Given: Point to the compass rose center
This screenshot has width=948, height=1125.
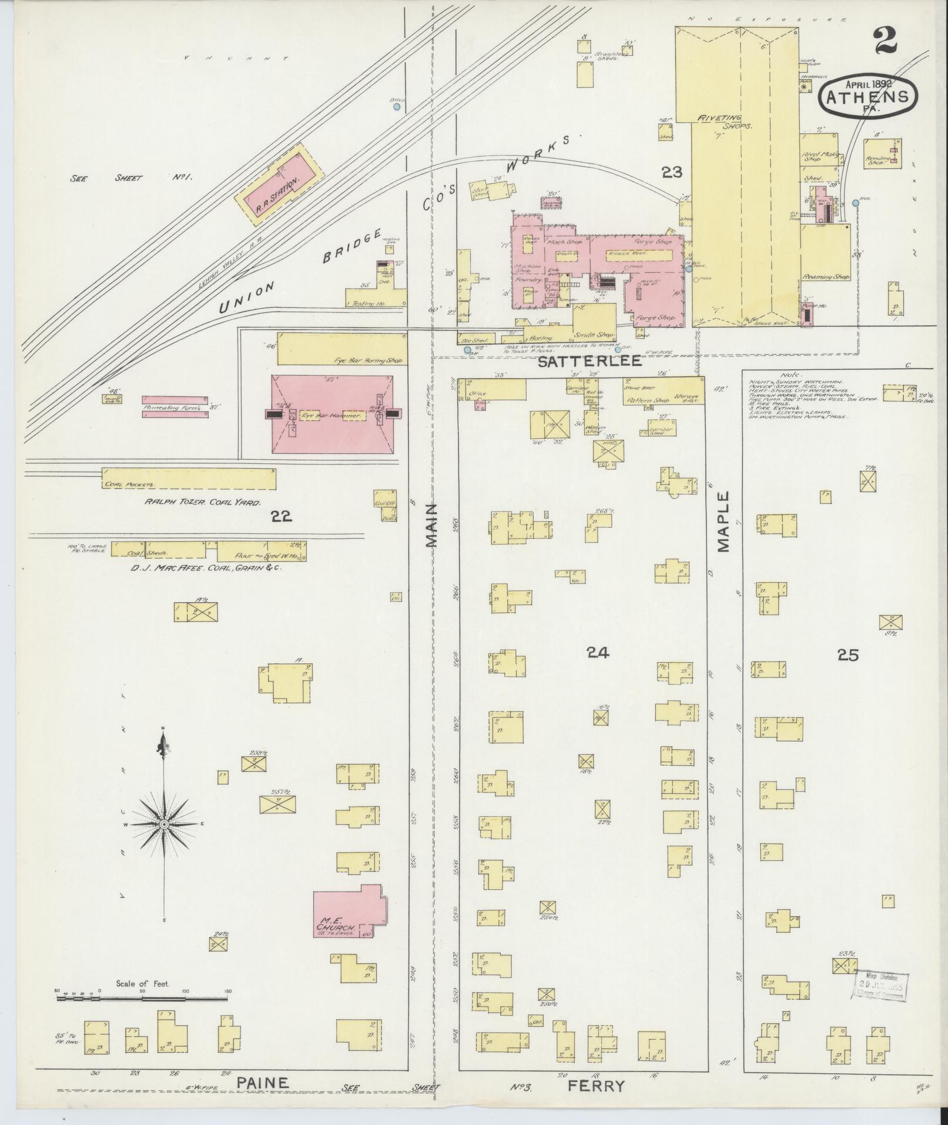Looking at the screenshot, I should point(164,825).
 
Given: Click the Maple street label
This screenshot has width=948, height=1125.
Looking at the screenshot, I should point(723,522).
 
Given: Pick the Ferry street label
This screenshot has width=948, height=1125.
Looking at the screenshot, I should point(597,1086).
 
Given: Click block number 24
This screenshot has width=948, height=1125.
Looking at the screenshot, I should point(597,652).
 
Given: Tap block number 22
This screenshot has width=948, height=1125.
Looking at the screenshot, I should point(280,516).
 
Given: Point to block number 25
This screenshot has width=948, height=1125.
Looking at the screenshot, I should point(848,654).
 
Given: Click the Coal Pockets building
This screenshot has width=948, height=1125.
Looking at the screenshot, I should point(188,479).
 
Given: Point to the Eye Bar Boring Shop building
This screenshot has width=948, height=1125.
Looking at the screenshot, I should point(341,349).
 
